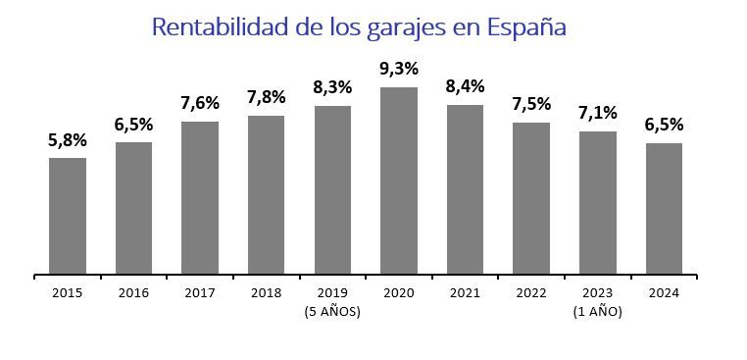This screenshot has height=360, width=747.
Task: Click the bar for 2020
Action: (x=399, y=180)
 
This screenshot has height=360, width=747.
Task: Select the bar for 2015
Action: (x=68, y=216)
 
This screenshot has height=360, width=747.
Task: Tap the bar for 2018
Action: (x=266, y=194)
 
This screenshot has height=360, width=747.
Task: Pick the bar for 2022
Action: (x=531, y=198)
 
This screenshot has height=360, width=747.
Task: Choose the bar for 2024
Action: (x=664, y=208)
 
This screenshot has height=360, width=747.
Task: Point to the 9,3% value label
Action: (x=399, y=69)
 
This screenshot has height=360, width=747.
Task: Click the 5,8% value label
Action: (x=68, y=139)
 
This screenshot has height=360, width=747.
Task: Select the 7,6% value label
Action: (x=200, y=103)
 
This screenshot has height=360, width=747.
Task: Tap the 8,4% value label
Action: (x=466, y=86)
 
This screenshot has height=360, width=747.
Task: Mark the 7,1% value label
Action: (x=598, y=113)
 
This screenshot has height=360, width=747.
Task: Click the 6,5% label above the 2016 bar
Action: (x=134, y=124)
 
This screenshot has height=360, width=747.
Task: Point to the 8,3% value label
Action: (x=332, y=87)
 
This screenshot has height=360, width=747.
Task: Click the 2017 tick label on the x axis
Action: (x=200, y=292)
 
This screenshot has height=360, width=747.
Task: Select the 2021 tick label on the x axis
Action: (x=466, y=292)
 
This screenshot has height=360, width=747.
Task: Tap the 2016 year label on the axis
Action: (x=134, y=292)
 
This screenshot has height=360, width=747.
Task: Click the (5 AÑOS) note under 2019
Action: (x=332, y=312)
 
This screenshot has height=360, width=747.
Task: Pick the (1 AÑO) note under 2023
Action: (x=598, y=312)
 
